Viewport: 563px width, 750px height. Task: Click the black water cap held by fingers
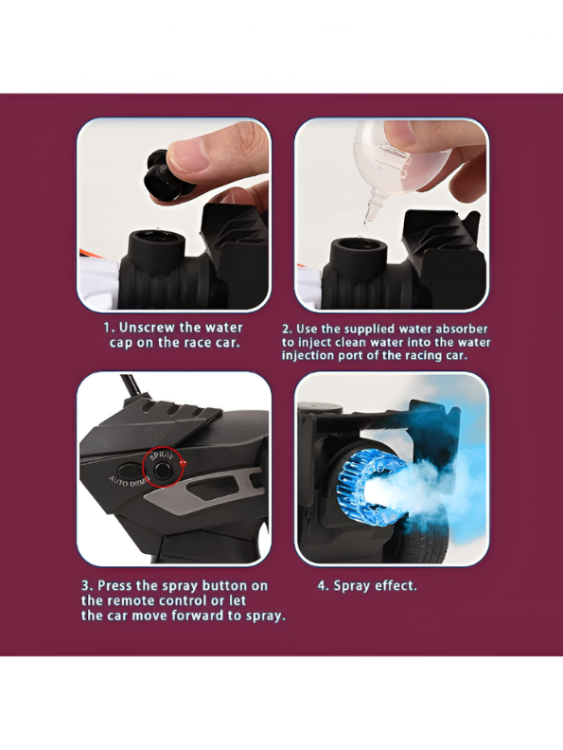coord(165,175)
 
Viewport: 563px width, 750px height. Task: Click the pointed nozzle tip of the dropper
coord(366,221)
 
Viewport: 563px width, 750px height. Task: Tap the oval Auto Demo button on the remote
coord(129,470)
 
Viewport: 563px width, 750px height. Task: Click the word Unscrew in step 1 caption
coord(148,328)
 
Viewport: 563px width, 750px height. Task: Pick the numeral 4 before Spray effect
coord(322,586)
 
